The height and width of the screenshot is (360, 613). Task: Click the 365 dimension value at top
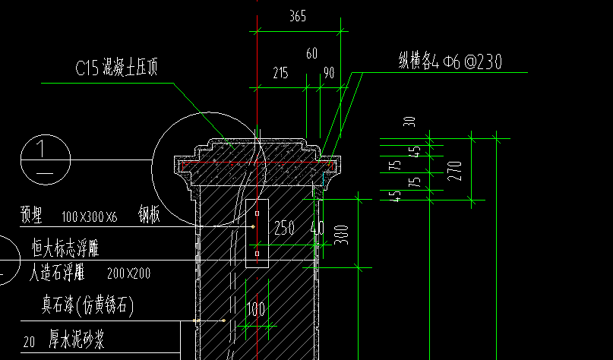(298, 17)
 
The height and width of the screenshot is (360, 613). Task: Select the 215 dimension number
(280, 74)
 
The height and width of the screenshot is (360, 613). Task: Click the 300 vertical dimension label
(340, 236)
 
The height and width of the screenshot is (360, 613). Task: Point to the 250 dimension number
(283, 228)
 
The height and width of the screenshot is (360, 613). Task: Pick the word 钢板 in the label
(149, 216)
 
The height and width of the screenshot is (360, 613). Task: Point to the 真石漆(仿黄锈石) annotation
(87, 306)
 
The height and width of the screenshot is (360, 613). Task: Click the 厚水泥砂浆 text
(77, 340)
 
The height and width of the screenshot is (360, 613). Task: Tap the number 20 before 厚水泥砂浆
(30, 343)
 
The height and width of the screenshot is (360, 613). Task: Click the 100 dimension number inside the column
(255, 309)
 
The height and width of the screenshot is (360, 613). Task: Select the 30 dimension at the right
(410, 121)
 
